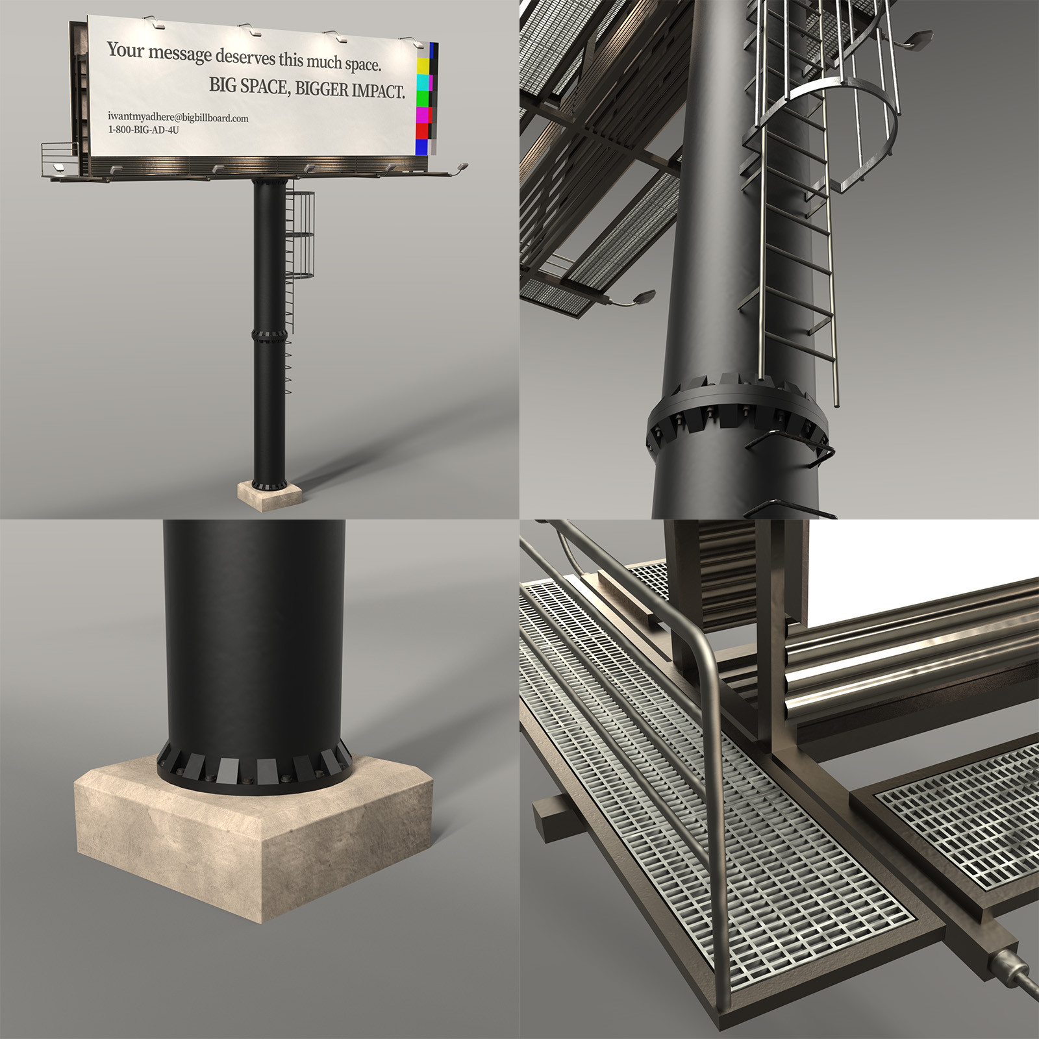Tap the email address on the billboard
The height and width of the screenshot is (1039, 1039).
click(178, 118)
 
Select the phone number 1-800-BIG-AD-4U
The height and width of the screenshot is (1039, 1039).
click(143, 129)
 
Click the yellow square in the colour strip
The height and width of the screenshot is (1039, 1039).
click(423, 66)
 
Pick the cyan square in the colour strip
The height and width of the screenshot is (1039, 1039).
click(423, 82)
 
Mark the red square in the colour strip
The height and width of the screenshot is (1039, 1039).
click(422, 131)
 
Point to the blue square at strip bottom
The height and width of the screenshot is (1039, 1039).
click(422, 147)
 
